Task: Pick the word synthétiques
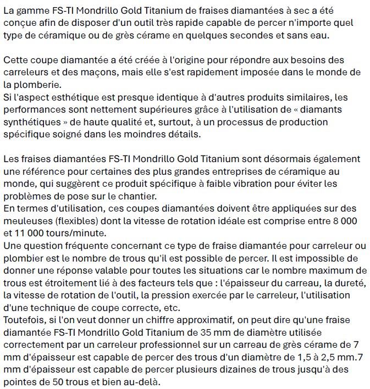[32, 121]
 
